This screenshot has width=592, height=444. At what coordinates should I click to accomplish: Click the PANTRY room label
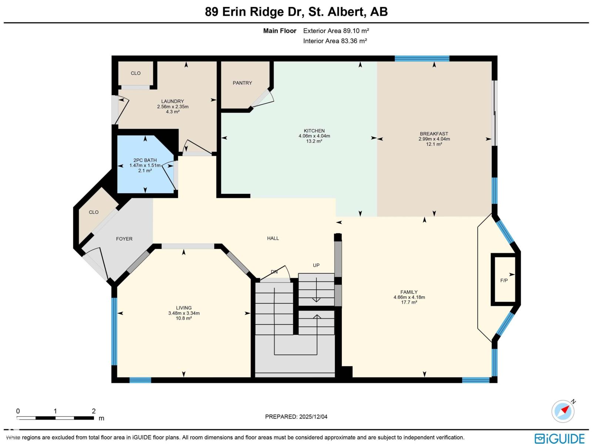[242, 83]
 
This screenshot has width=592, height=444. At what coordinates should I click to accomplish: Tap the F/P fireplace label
[504, 280]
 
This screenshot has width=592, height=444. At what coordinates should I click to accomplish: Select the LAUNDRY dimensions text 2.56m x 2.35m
[173, 107]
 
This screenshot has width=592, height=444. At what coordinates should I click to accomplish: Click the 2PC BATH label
[145, 160]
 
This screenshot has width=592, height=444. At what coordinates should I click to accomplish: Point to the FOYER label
[124, 239]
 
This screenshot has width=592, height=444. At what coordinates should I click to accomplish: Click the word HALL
[273, 238]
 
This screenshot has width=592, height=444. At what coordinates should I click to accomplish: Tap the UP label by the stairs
[316, 265]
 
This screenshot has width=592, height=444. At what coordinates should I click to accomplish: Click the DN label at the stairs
[274, 272]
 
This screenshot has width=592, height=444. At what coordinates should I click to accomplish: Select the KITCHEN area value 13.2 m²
[314, 141]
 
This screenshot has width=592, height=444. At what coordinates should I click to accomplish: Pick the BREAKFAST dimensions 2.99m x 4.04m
[434, 139]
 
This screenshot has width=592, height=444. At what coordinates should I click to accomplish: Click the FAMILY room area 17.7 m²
[409, 302]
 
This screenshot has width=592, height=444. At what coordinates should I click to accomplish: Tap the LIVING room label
[184, 308]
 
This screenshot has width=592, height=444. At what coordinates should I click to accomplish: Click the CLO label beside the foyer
[94, 212]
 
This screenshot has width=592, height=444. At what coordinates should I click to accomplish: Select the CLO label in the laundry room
[136, 73]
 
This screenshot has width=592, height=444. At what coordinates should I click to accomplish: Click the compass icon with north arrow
[563, 411]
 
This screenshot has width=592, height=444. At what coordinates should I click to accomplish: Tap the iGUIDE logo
[559, 438]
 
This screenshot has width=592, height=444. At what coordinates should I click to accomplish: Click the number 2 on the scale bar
[94, 411]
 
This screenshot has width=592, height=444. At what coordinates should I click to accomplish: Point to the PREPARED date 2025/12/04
[296, 417]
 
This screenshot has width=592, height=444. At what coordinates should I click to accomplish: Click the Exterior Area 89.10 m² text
[336, 31]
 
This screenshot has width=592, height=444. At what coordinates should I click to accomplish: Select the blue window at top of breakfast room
[422, 58]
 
